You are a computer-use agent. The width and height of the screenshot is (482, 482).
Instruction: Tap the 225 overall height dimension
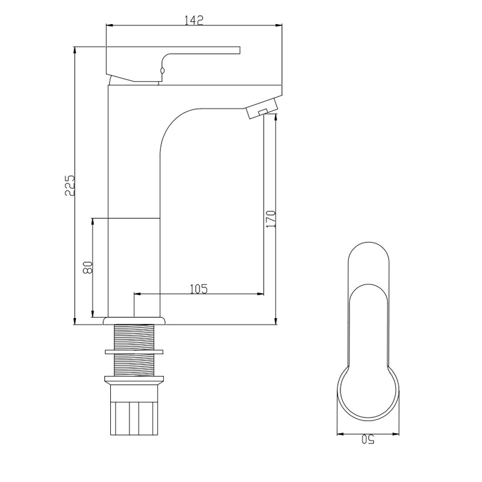tap(70, 185)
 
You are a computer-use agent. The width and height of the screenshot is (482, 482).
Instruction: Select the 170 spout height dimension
tap(271, 218)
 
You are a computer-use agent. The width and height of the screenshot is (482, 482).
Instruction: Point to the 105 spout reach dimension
tap(199, 289)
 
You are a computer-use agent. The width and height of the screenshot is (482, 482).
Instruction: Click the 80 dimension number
tap(88, 267)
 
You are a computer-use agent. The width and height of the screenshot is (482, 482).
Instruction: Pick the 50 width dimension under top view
tap(368, 440)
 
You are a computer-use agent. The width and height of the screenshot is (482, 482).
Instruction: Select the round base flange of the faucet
tap(134, 321)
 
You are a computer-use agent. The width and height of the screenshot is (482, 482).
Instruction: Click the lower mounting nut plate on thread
tap(134, 380)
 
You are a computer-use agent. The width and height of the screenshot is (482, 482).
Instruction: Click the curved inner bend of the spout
tap(175, 120)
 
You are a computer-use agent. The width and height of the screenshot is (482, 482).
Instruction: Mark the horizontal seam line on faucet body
tap(134, 217)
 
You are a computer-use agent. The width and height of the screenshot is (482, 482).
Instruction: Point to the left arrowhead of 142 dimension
tap(108, 25)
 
